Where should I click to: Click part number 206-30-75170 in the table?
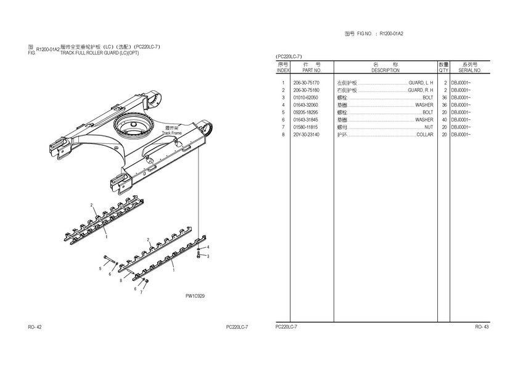click(x=306, y=83)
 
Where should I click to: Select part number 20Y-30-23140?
click(x=306, y=135)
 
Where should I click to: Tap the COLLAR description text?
click(x=424, y=135)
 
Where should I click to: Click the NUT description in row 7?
click(x=429, y=127)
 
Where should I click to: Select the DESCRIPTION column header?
click(x=385, y=70)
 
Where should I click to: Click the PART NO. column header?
click(x=313, y=70)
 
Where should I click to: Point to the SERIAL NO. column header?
click(x=470, y=70)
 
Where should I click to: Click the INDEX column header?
click(x=283, y=70)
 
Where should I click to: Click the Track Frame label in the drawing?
click(x=171, y=133)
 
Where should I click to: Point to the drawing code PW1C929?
click(x=195, y=296)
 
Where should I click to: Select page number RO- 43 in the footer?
click(x=482, y=327)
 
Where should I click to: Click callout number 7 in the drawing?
click(x=141, y=293)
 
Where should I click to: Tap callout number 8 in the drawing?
click(x=120, y=281)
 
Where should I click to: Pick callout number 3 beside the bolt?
click(x=208, y=256)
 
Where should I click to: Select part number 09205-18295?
click(x=306, y=112)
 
